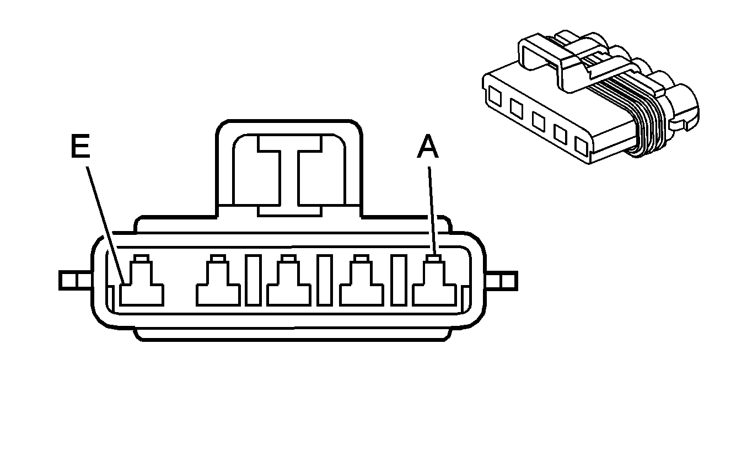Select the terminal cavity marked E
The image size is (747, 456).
(142, 281)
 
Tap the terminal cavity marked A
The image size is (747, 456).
(434, 281)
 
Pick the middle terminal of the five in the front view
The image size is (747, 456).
(288, 281)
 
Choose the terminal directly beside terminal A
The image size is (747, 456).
(362, 281)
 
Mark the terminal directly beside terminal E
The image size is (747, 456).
(218, 281)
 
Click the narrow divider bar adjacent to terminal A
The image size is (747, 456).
(399, 280)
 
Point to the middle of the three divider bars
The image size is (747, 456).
(325, 280)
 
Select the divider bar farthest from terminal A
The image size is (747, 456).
(253, 280)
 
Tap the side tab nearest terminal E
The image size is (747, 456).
(75, 280)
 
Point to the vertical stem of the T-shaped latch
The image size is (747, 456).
(289, 177)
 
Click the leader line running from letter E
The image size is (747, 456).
(105, 225)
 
